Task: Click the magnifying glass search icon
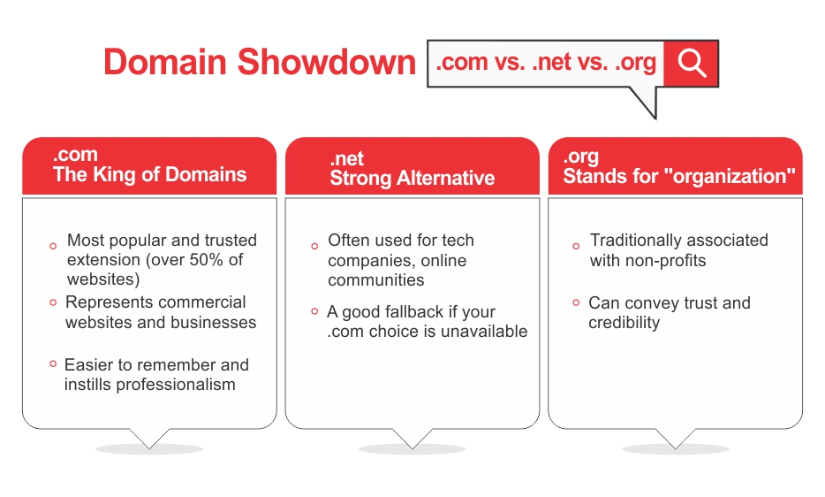pos(692,64)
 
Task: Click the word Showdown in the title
pos(326,62)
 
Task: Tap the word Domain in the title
pos(164,62)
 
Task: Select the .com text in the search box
pos(461,62)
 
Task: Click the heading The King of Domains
pos(149,174)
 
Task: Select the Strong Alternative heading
pos(412,178)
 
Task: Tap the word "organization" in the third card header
pos(730,177)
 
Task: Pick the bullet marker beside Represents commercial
pos(53,302)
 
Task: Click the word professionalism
pos(176,386)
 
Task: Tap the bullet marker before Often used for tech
pos(314,246)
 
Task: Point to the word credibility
pos(624,323)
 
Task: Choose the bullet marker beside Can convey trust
pos(576,302)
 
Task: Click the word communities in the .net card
pos(375,279)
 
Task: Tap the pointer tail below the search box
pos(647,102)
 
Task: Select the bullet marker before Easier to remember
pos(53,363)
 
